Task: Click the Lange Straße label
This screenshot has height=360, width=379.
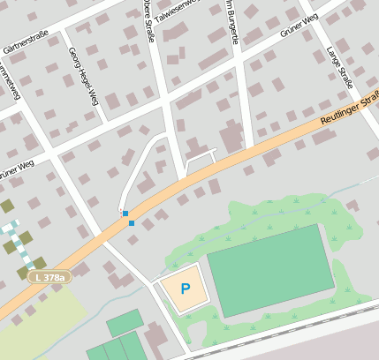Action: tap(340, 66)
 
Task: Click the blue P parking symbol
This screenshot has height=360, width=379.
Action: tap(185, 288)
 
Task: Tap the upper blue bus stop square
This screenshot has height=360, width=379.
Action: tap(125, 214)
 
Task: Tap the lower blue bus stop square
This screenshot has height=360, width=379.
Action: tap(132, 223)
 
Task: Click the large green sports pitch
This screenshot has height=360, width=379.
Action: tap(270, 269)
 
